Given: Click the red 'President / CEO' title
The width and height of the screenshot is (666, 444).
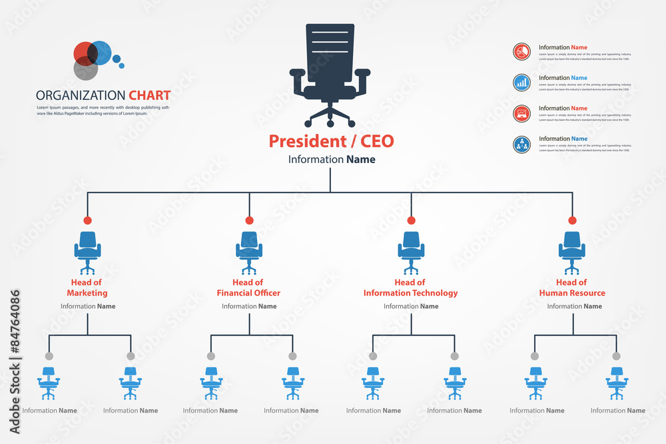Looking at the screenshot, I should coord(331,141).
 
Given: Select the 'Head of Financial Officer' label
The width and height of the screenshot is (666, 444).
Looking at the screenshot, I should coord(248,288).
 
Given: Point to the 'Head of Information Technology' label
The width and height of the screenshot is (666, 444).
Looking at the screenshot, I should coord(410,288).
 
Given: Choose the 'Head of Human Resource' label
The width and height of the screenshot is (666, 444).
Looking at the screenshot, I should coord(571,288).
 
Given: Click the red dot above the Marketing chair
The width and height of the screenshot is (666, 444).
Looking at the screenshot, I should coord(88,220).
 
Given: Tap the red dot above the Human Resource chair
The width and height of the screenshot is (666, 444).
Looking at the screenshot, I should coord(571,220).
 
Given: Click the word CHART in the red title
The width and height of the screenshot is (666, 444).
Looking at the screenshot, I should coord(149,96).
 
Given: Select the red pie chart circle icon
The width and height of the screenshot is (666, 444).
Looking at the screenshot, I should coord(522,52).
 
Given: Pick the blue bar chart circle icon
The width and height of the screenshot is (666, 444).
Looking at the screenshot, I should coord(522,83).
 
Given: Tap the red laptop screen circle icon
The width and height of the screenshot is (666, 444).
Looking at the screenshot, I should coord(522,113).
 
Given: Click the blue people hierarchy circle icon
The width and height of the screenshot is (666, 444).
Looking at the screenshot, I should coord(522,144).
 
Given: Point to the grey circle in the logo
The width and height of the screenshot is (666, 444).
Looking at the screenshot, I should coord(85,68).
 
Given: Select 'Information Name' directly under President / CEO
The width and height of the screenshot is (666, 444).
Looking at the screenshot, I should coord(331,160).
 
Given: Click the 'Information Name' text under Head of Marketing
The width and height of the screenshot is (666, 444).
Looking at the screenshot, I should coord(88,306).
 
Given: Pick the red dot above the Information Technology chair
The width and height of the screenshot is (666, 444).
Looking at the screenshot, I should coord(411,220).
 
